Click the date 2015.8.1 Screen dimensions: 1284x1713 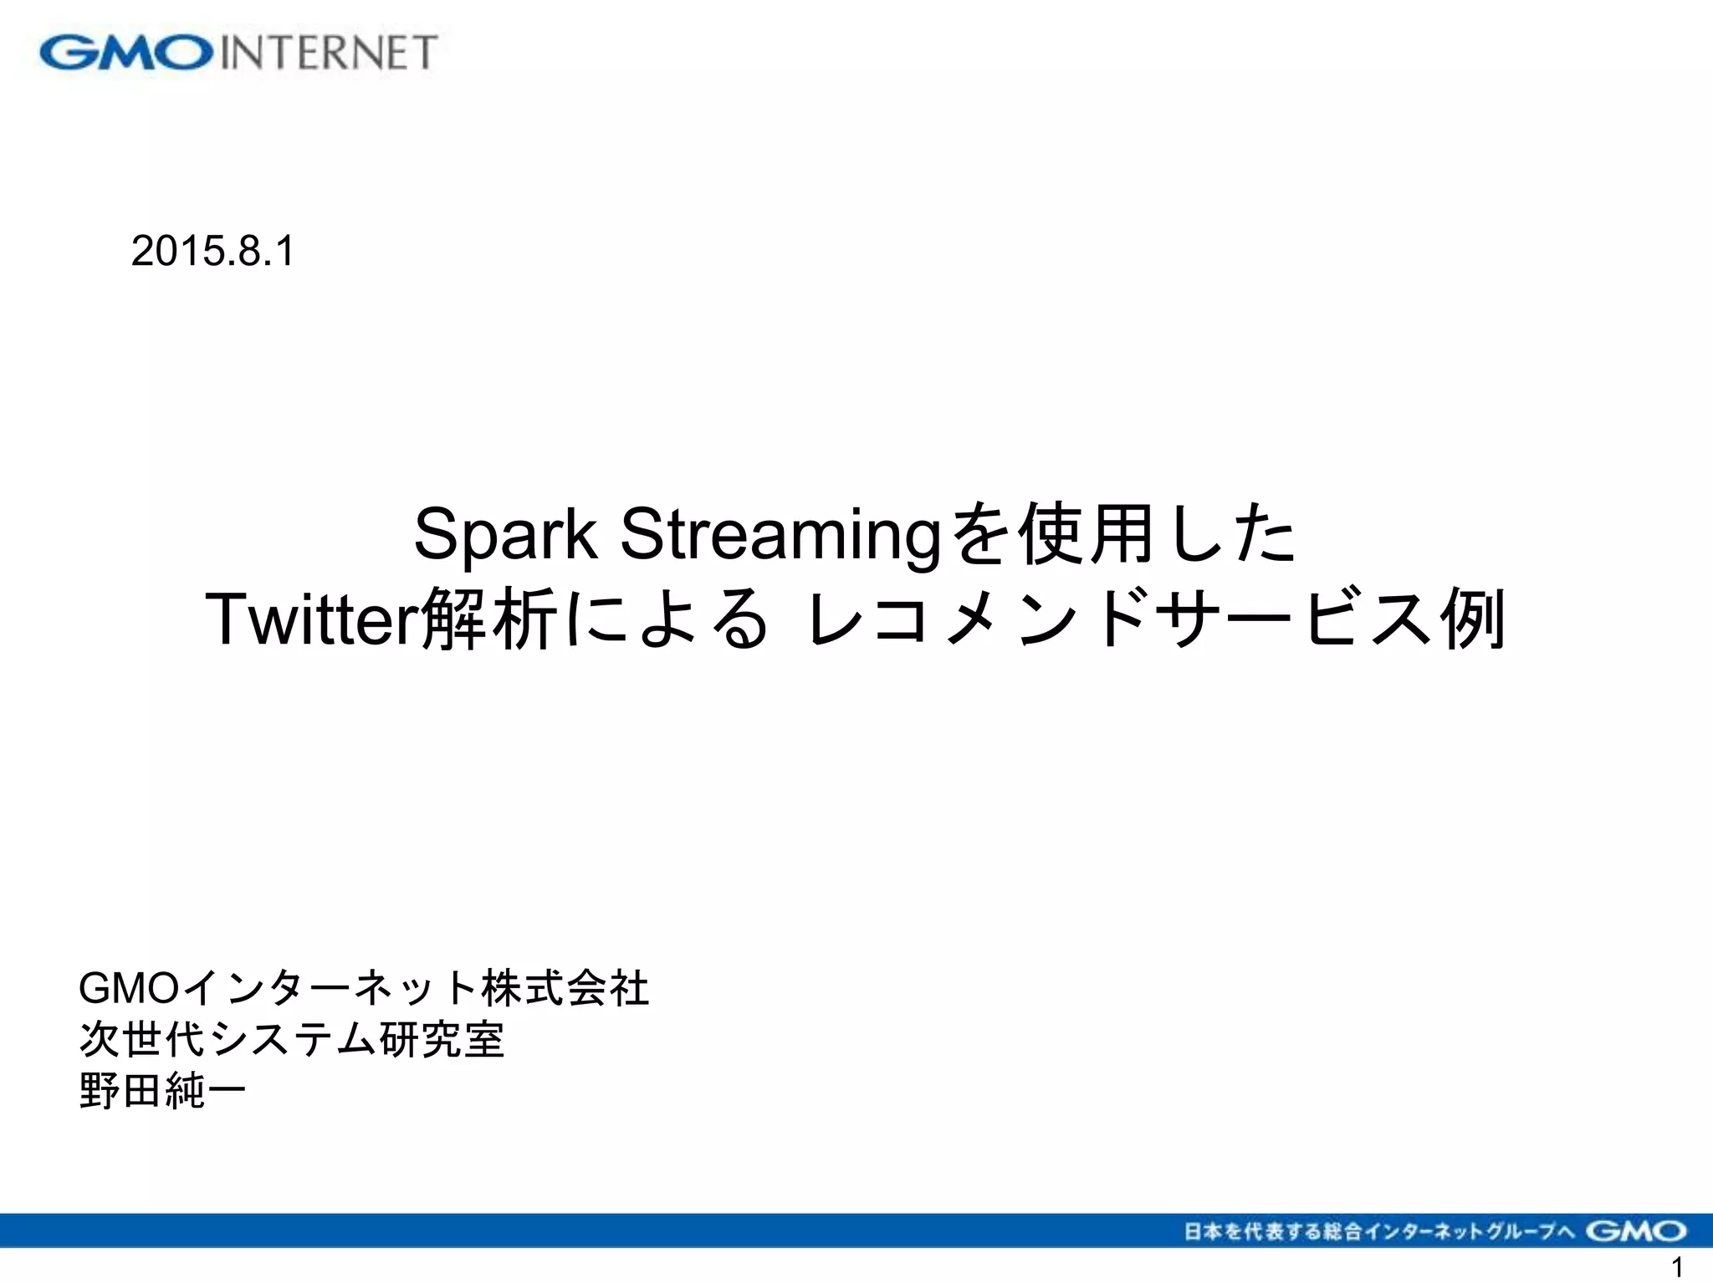(212, 251)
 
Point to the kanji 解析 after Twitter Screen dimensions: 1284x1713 (488, 619)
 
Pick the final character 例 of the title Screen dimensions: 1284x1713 (1472, 619)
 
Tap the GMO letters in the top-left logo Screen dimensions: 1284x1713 (125, 53)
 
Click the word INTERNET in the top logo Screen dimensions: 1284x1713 (329, 53)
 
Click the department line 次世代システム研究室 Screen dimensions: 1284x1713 (292, 1040)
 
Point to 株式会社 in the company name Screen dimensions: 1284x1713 (565, 989)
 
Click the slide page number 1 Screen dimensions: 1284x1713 (1675, 1267)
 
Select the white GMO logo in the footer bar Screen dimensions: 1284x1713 (1636, 1230)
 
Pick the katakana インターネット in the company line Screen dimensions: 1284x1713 (330, 989)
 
